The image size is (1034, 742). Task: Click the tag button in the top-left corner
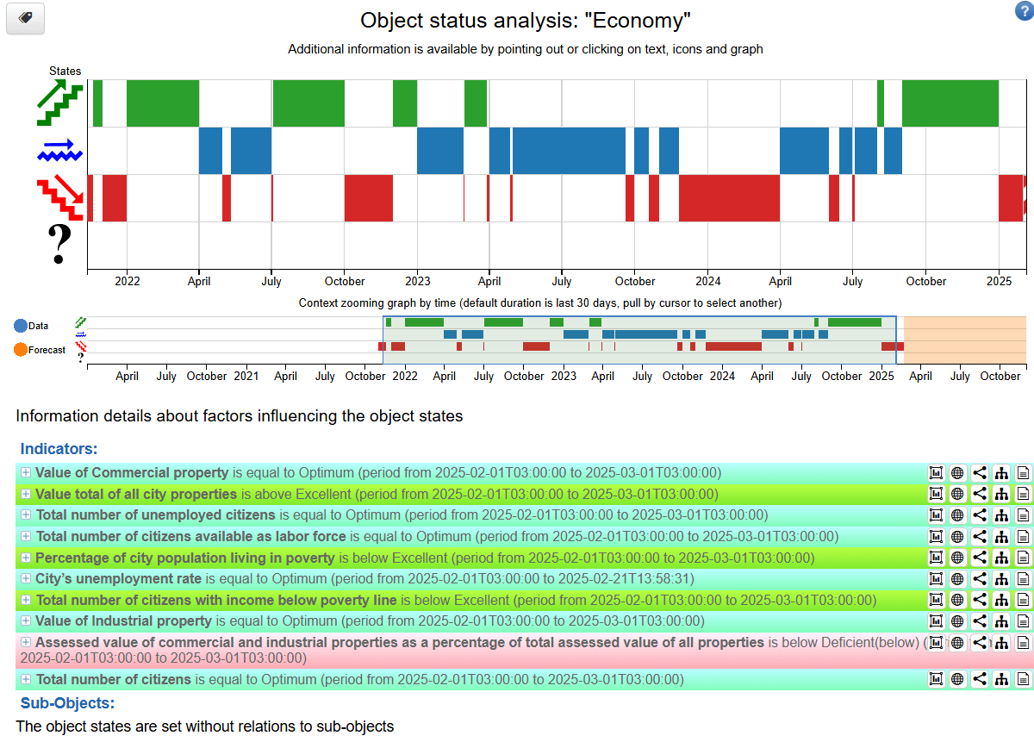point(25,18)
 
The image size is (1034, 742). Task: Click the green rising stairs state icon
point(59,103)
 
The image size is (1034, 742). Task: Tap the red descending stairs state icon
point(59,198)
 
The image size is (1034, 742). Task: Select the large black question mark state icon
point(59,245)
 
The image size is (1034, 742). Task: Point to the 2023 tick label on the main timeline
point(418,281)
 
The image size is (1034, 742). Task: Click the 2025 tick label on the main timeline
point(999,281)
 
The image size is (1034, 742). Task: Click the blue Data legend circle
point(21,326)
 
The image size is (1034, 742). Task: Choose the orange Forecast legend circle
point(21,350)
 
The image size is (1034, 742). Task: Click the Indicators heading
point(59,448)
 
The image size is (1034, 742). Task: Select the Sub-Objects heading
point(67,703)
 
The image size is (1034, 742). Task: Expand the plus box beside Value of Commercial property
point(26,472)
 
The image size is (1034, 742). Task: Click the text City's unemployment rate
point(118,579)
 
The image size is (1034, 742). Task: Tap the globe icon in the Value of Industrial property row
point(957,621)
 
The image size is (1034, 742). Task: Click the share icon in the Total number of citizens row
point(980,679)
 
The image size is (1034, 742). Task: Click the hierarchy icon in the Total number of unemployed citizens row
point(1001,515)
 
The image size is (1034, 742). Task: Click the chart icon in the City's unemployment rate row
point(936,579)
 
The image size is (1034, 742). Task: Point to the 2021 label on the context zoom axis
point(246,376)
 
